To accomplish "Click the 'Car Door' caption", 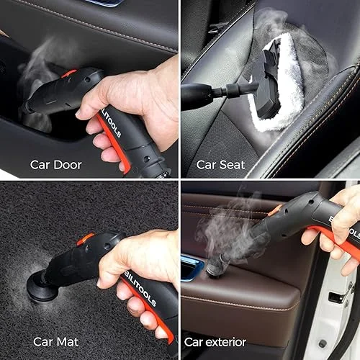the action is pos(55,165).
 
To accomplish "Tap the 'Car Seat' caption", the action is pos(220,165).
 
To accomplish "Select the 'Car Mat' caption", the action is pos(55,342).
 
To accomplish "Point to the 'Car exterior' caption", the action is pos(215,342).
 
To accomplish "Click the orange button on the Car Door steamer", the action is pos(68,73).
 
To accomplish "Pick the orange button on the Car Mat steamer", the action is pos(86,238).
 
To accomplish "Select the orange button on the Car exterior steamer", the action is pos(275,210).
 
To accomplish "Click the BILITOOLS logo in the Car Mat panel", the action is pos(140,289).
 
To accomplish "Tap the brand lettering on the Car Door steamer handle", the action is pos(111,124).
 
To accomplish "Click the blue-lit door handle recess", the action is pos(192,268).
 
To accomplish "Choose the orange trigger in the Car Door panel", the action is pos(114,144).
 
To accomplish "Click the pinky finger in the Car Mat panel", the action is pos(161,333).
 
